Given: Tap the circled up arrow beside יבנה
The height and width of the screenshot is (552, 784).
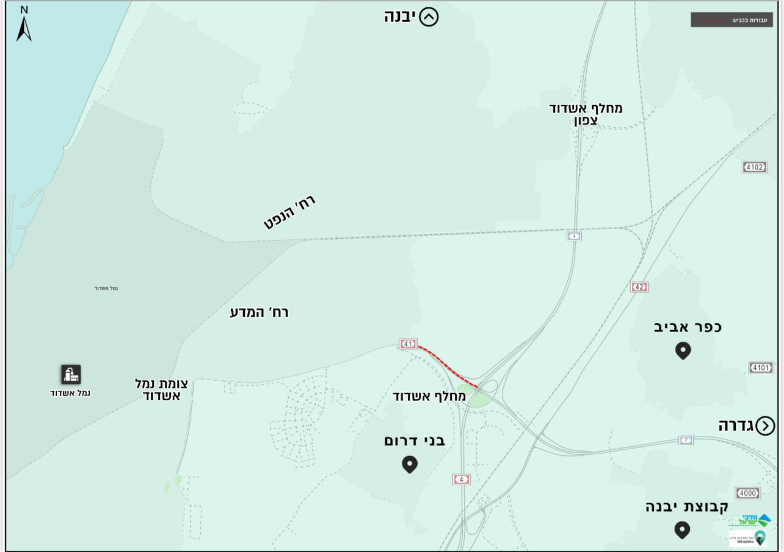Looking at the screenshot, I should (429, 17).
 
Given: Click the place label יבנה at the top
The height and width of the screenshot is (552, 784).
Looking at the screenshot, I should (400, 17).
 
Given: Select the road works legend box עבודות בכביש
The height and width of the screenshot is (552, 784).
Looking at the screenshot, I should (731, 20).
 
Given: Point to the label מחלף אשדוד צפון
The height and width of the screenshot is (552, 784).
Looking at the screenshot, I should (586, 114).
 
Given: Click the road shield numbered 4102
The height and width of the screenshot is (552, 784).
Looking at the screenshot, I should (754, 167).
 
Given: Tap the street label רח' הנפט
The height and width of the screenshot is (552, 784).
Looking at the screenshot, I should (290, 212).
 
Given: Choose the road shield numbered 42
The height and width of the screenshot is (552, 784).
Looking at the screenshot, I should (639, 287).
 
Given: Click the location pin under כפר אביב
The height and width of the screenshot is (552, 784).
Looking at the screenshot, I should (683, 351).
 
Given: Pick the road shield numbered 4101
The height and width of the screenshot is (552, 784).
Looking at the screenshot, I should (760, 367).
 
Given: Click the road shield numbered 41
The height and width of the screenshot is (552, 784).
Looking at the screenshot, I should (408, 344).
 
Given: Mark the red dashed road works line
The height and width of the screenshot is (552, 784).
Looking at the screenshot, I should (448, 366).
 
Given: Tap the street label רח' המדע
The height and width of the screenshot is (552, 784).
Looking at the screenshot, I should (259, 312).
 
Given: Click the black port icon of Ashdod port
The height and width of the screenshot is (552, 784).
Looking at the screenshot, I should (71, 374).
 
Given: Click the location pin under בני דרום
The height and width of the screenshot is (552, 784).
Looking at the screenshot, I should (410, 464).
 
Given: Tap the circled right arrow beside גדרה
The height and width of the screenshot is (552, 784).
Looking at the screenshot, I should (765, 426).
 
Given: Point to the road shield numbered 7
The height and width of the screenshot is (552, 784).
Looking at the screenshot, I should (686, 440).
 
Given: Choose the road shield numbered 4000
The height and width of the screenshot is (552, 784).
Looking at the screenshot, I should (747, 493).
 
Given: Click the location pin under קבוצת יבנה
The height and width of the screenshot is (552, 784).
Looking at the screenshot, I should (682, 529).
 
